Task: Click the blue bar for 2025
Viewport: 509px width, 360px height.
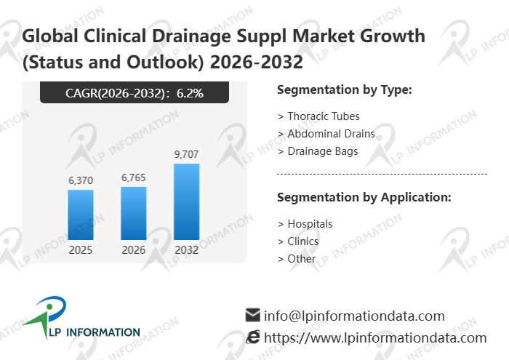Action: click(x=80, y=215)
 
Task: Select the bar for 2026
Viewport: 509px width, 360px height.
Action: click(x=133, y=213)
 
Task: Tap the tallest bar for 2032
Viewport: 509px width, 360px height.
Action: click(x=186, y=201)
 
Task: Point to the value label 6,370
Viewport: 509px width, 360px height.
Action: click(x=80, y=180)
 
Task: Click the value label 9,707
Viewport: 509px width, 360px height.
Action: click(x=186, y=154)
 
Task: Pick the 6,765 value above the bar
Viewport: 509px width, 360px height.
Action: click(x=133, y=177)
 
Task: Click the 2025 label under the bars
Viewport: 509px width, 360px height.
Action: click(x=80, y=250)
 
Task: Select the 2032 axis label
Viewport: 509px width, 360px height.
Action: click(x=186, y=250)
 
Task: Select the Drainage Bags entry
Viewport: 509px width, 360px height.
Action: click(x=322, y=151)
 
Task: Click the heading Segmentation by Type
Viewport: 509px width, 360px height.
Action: click(x=345, y=90)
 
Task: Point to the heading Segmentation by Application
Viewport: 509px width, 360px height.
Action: click(x=364, y=197)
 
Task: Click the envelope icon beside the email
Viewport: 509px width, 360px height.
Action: click(x=253, y=315)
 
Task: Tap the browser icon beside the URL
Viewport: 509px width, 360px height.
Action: click(x=253, y=337)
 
